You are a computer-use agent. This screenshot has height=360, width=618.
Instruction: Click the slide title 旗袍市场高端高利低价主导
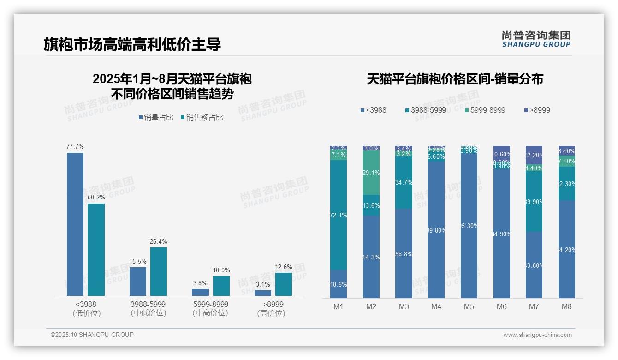[132, 44]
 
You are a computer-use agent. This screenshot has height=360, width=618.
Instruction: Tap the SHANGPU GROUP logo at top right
[536, 39]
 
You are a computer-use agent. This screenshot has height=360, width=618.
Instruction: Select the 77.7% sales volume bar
[75, 224]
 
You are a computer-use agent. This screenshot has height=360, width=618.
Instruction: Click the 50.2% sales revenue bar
[96, 249]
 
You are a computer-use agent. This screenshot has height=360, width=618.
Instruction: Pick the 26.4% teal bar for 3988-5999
[159, 271]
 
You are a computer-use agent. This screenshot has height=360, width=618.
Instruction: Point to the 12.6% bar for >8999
[284, 284]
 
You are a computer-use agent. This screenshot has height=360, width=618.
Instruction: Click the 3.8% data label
[200, 283]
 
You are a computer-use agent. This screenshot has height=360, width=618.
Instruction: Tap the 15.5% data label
[138, 262]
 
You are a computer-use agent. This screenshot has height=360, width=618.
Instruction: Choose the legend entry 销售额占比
[202, 118]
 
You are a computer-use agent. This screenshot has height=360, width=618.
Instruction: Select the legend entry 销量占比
[156, 118]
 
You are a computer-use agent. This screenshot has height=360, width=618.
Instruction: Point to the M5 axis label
[469, 306]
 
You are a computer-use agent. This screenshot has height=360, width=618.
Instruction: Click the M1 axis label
[339, 306]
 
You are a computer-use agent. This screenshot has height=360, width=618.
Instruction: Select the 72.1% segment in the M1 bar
[339, 215]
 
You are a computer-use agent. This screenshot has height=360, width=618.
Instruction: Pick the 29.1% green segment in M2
[371, 173]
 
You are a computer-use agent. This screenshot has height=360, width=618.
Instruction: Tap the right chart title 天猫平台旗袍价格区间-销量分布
[455, 79]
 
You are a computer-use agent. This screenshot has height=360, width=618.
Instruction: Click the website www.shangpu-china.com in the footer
[537, 335]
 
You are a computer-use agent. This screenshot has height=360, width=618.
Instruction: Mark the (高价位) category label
[271, 313]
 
